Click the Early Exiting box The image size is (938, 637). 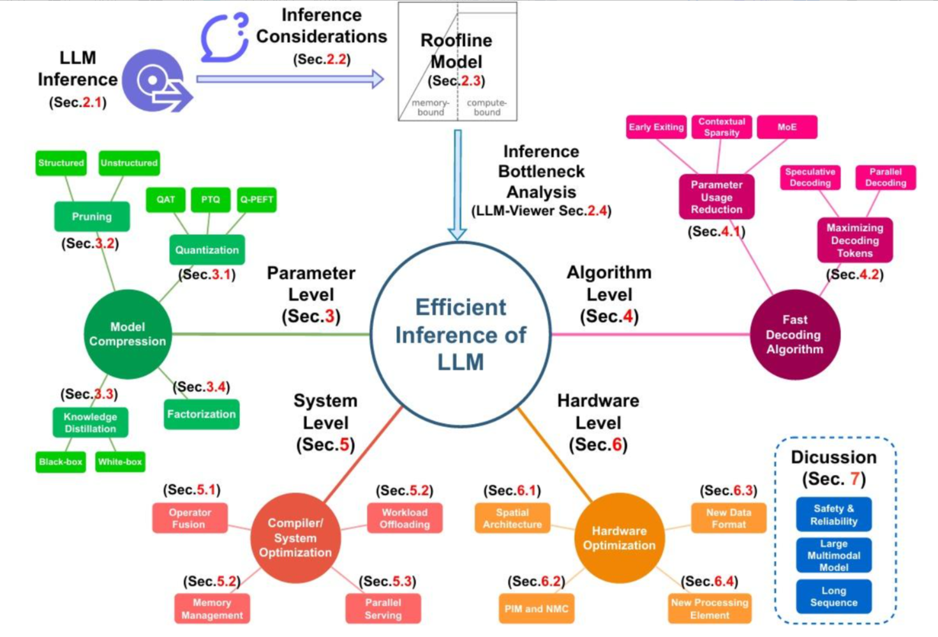pyautogui.click(x=656, y=127)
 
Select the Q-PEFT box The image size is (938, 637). pyautogui.click(x=257, y=200)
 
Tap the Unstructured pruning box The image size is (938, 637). pyautogui.click(x=129, y=163)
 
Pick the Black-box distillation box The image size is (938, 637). pyautogui.click(x=61, y=461)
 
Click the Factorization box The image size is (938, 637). pyautogui.click(x=202, y=414)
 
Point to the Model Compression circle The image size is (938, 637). pyautogui.click(x=128, y=334)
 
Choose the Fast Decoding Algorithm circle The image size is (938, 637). pyautogui.click(x=794, y=334)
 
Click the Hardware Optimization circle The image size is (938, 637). pyautogui.click(x=619, y=538)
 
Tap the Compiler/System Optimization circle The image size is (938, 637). pyautogui.click(x=295, y=538)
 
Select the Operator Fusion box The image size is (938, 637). pyautogui.click(x=190, y=518)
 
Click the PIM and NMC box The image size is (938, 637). pyautogui.click(x=536, y=609)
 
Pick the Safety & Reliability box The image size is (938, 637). pyautogui.click(x=833, y=514)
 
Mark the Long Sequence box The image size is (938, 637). pyautogui.click(x=833, y=596)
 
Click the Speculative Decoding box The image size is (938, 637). pyautogui.click(x=810, y=177)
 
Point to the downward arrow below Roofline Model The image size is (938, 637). pyautogui.click(x=458, y=185)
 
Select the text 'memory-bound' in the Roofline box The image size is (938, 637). pyautogui.click(x=430, y=107)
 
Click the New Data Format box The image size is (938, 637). pyautogui.click(x=728, y=518)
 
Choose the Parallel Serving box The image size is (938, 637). pyautogui.click(x=383, y=609)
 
